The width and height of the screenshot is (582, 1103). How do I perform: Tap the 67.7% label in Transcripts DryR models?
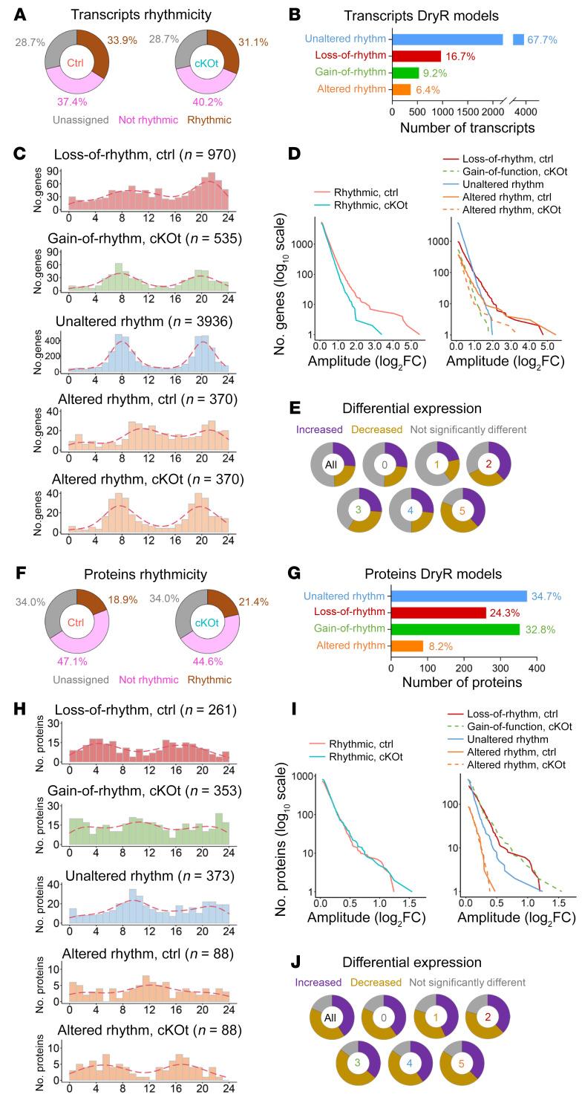pyautogui.click(x=542, y=39)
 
